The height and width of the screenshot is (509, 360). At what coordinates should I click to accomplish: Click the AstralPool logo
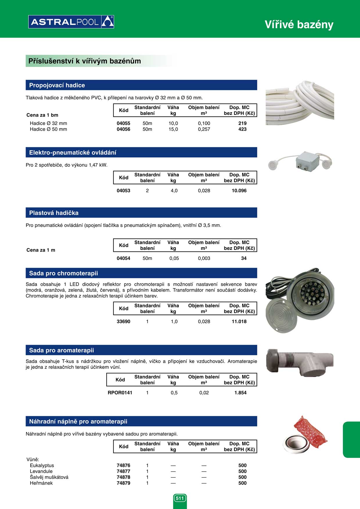pyautogui.click(x=71, y=22)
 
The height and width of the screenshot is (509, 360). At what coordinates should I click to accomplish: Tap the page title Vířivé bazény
pyautogui.click(x=299, y=25)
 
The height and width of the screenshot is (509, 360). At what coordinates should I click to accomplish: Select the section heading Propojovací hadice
pyautogui.click(x=57, y=85)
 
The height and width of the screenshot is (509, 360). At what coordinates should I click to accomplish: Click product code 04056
pyautogui.click(x=123, y=129)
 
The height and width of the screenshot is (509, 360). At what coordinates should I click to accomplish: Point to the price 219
pyautogui.click(x=242, y=123)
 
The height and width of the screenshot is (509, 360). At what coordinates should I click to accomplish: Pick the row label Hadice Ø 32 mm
pyautogui.click(x=48, y=123)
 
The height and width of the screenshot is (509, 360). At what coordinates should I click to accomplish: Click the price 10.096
pyautogui.click(x=239, y=191)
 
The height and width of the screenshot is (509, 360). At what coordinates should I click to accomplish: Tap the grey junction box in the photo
pyautogui.click(x=307, y=160)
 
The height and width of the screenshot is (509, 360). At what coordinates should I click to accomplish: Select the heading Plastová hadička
pyautogui.click(x=54, y=213)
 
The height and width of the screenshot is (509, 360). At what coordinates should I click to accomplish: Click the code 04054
pyautogui.click(x=123, y=258)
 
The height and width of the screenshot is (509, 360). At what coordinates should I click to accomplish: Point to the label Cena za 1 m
pyautogui.click(x=41, y=250)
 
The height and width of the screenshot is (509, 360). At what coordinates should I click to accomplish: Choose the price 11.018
pyautogui.click(x=239, y=322)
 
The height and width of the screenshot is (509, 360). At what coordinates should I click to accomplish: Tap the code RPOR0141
pyautogui.click(x=120, y=393)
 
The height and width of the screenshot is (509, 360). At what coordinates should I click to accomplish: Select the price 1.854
pyautogui.click(x=240, y=393)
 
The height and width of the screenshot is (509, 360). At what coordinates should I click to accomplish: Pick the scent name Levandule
pyautogui.click(x=41, y=471)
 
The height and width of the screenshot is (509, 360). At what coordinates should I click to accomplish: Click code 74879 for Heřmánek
pyautogui.click(x=123, y=483)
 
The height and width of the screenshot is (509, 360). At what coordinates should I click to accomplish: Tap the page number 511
pyautogui.click(x=180, y=498)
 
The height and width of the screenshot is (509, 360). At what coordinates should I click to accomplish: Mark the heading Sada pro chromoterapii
pyautogui.click(x=64, y=273)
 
